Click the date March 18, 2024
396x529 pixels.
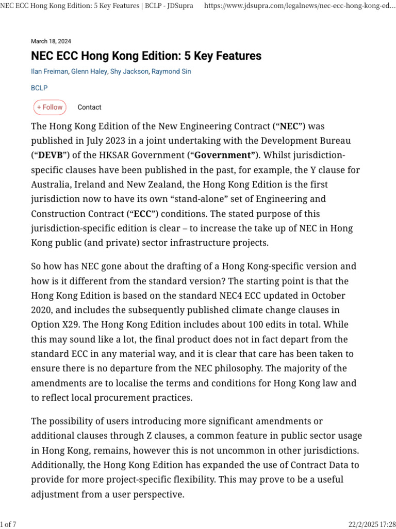tap(51, 41)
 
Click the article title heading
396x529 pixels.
tap(146, 56)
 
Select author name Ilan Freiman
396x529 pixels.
tap(49, 72)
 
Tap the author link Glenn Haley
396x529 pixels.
tap(89, 72)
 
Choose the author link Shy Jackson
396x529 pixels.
tap(129, 72)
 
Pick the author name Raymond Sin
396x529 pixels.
tap(171, 72)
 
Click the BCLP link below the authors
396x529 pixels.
tap(39, 88)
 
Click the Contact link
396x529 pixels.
tap(89, 107)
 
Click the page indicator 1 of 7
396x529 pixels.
tap(9, 524)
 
